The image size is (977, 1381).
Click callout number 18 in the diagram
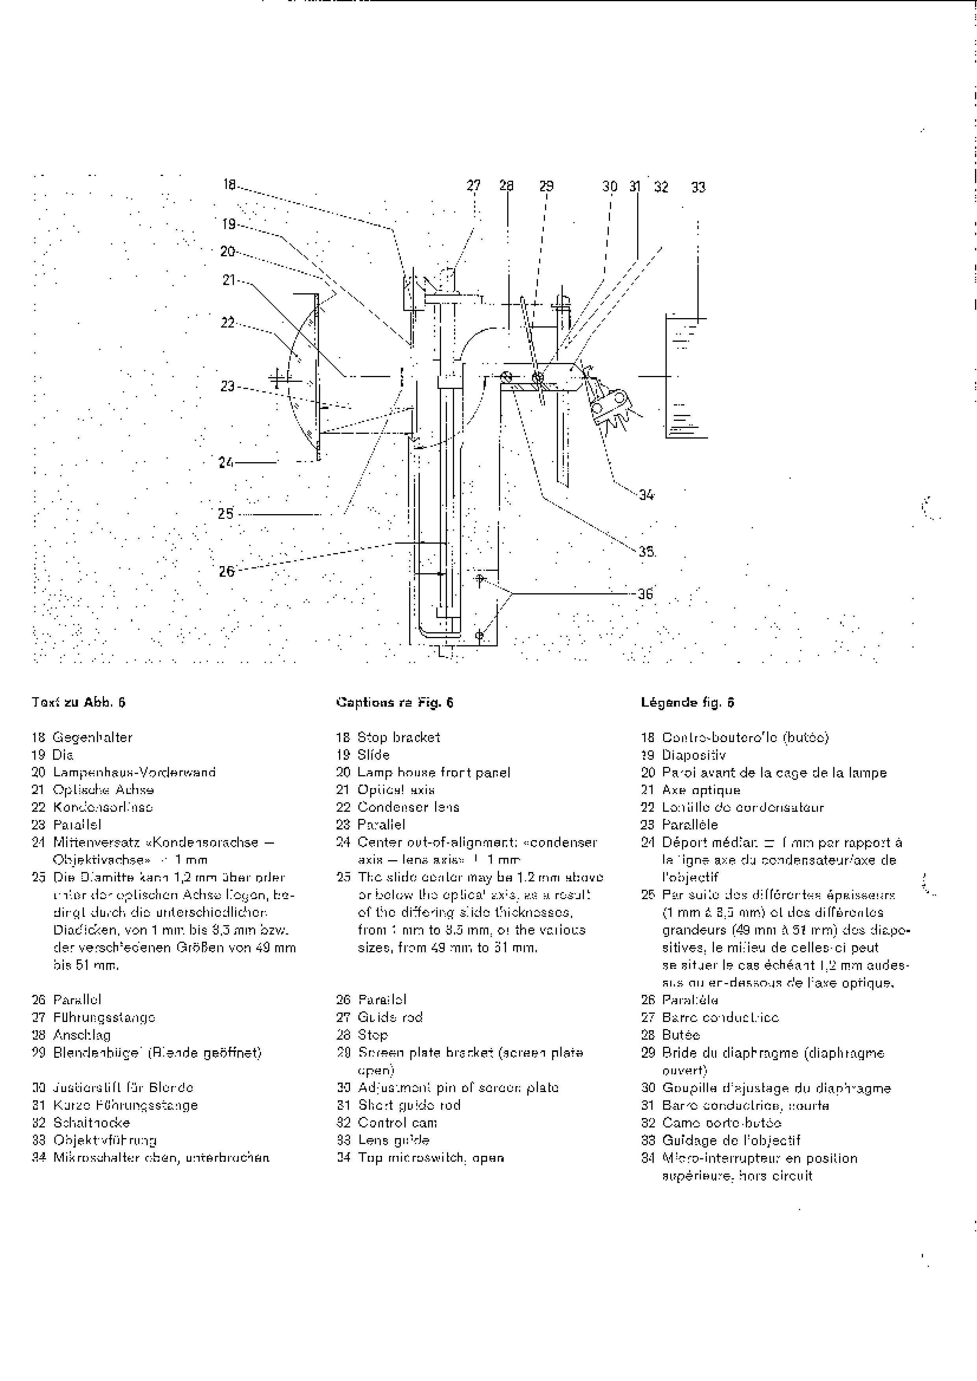(229, 185)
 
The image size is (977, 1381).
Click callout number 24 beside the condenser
(226, 463)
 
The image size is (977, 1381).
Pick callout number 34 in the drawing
(647, 495)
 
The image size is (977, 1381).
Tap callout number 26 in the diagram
(226, 571)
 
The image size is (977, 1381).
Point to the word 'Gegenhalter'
(93, 737)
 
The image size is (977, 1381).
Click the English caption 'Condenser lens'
(408, 807)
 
